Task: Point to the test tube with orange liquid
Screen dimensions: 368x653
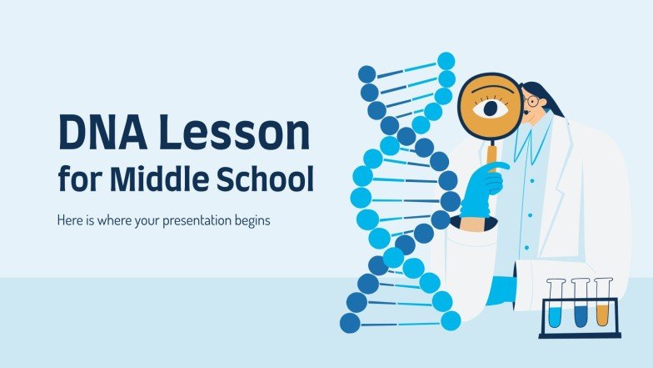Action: tap(602, 304)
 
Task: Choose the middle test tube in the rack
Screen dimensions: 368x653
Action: tap(579, 304)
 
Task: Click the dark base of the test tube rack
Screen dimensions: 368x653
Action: tap(580, 335)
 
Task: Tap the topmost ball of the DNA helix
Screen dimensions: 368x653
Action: tap(447, 61)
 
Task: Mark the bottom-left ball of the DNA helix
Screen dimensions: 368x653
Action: tap(351, 322)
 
